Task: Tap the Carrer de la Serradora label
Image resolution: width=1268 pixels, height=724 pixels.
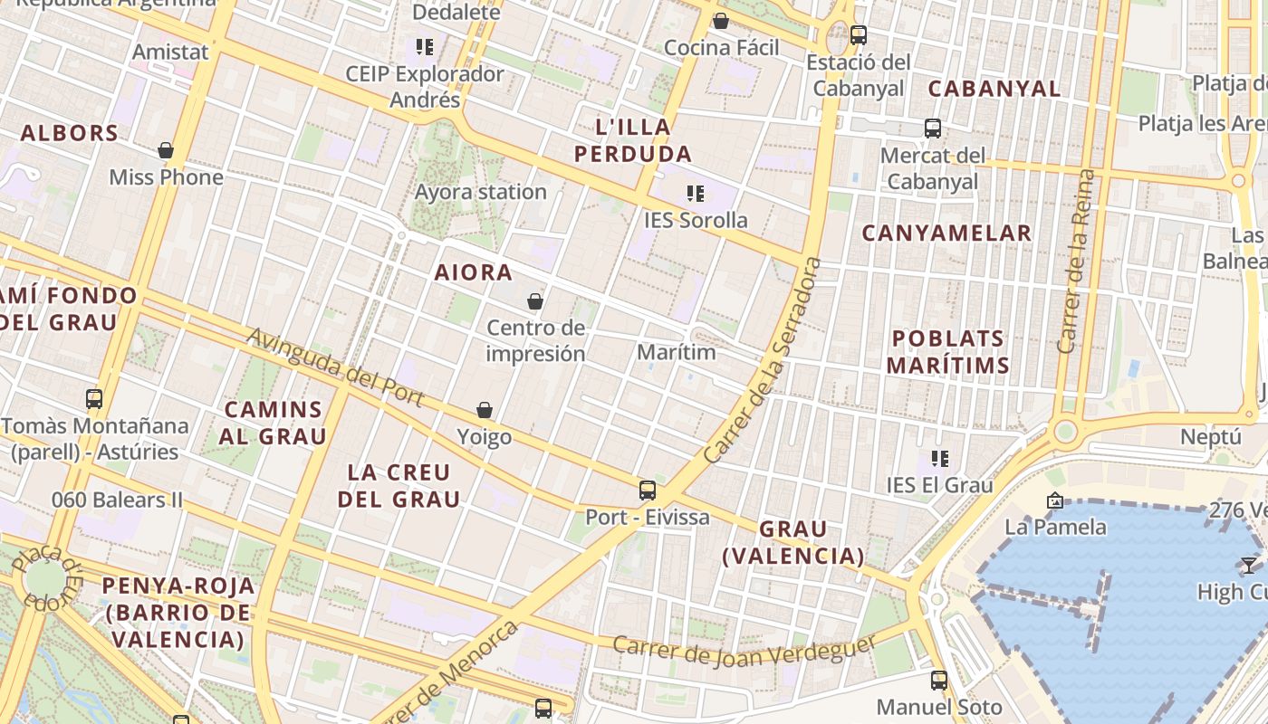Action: [x=763, y=362]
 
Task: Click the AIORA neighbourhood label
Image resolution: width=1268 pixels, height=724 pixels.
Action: [x=473, y=272]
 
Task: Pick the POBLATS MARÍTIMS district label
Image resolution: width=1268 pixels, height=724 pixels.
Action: [x=948, y=352]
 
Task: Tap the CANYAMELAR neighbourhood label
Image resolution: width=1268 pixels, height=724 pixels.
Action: [x=946, y=233]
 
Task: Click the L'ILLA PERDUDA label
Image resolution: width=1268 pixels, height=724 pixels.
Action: [x=633, y=140]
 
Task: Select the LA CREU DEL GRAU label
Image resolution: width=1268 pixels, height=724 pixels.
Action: [x=399, y=485]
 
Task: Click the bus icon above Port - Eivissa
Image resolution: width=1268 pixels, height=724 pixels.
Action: [x=647, y=491]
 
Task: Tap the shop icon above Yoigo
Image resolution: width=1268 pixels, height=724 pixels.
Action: [x=485, y=411]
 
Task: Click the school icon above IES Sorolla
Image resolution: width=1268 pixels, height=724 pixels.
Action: [x=696, y=194]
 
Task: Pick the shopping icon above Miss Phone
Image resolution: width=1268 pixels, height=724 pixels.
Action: [x=166, y=150]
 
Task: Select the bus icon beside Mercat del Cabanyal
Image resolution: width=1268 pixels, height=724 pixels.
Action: [x=933, y=129]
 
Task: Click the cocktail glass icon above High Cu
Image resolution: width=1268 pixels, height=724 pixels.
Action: [x=1249, y=566]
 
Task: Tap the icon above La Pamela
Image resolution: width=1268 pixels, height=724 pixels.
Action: [x=1054, y=500]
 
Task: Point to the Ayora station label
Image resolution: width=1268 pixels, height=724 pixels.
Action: [x=480, y=192]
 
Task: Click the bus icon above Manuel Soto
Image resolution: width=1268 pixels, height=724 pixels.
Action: [x=939, y=681]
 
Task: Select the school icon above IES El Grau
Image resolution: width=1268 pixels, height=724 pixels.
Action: [x=940, y=459]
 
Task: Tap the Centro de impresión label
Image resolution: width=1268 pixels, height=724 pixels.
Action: [x=535, y=340]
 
